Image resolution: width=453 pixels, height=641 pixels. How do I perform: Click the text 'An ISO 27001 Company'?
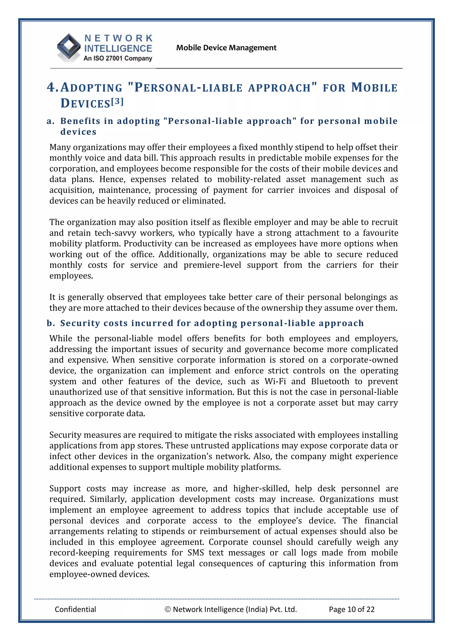118,58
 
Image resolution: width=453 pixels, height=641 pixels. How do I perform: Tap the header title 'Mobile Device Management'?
226,48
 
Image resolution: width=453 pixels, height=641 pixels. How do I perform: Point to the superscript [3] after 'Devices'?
117,101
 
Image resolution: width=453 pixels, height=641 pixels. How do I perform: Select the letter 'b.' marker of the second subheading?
51,323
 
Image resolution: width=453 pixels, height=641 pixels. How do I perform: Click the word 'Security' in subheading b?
80,323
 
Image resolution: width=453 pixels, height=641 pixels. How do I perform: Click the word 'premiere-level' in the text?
212,265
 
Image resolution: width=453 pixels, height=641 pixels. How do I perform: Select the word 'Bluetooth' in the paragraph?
330,381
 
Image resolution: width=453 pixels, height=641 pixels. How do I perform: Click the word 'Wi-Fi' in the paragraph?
275,381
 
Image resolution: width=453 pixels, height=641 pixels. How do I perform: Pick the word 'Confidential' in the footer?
75,609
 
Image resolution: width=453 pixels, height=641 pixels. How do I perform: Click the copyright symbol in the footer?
168,609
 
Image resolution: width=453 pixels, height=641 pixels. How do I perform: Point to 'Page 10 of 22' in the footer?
351,609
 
